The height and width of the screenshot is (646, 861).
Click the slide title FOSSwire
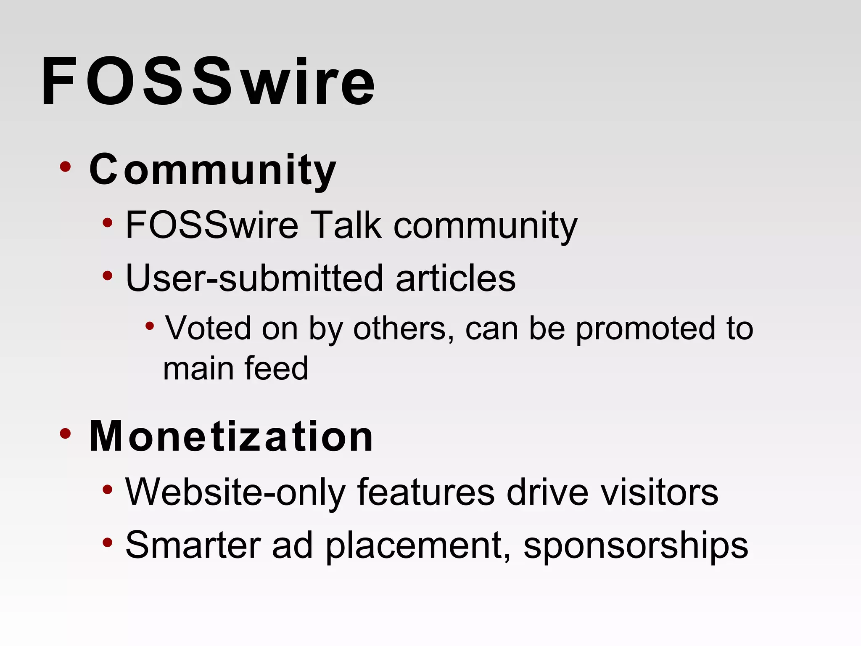coord(208,82)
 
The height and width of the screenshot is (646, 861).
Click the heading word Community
coord(213,169)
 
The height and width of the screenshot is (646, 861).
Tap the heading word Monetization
coord(231,437)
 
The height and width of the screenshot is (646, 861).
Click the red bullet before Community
coord(65,167)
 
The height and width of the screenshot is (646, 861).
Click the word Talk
coord(345,225)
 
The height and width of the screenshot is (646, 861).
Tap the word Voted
coord(208,328)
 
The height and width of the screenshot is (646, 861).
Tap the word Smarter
coord(193,545)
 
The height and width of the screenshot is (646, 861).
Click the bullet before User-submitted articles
coord(108,276)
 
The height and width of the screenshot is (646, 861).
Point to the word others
coord(403,328)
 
